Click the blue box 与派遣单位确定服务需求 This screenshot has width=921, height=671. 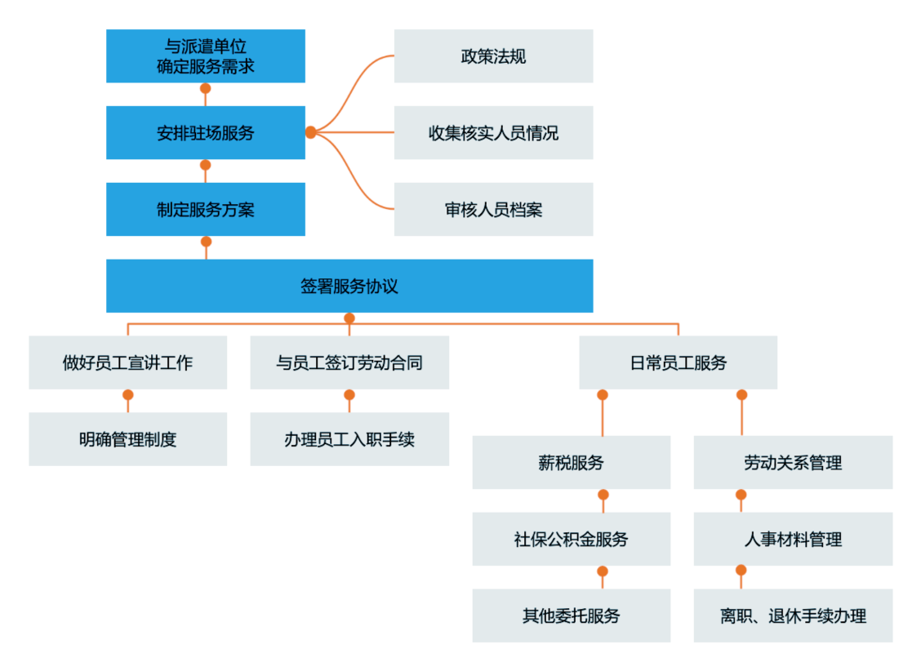click(x=206, y=56)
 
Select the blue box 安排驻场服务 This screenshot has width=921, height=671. click(x=206, y=132)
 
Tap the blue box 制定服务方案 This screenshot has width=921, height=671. click(x=206, y=209)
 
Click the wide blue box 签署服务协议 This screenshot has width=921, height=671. click(x=349, y=286)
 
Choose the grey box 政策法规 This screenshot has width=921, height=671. click(x=493, y=56)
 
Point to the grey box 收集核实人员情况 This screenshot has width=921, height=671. click(x=493, y=132)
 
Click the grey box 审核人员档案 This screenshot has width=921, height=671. click(x=493, y=209)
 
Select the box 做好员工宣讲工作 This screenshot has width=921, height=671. click(x=128, y=362)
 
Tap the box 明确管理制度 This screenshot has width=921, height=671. click(x=128, y=439)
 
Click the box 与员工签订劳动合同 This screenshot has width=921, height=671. click(x=349, y=362)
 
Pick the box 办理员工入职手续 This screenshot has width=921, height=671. click(x=349, y=439)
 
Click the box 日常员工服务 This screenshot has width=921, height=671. click(x=678, y=362)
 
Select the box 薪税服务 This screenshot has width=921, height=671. click(x=572, y=462)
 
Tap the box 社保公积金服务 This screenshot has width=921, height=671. click(x=572, y=539)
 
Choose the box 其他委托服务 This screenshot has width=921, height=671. click(x=572, y=615)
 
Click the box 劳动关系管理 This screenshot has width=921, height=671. click(x=793, y=462)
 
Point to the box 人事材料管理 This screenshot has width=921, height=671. click(x=793, y=539)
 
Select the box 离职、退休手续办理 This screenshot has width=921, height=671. click(x=793, y=615)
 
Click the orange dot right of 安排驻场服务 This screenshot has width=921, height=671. click(x=311, y=132)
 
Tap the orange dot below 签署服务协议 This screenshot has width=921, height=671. click(x=349, y=318)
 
